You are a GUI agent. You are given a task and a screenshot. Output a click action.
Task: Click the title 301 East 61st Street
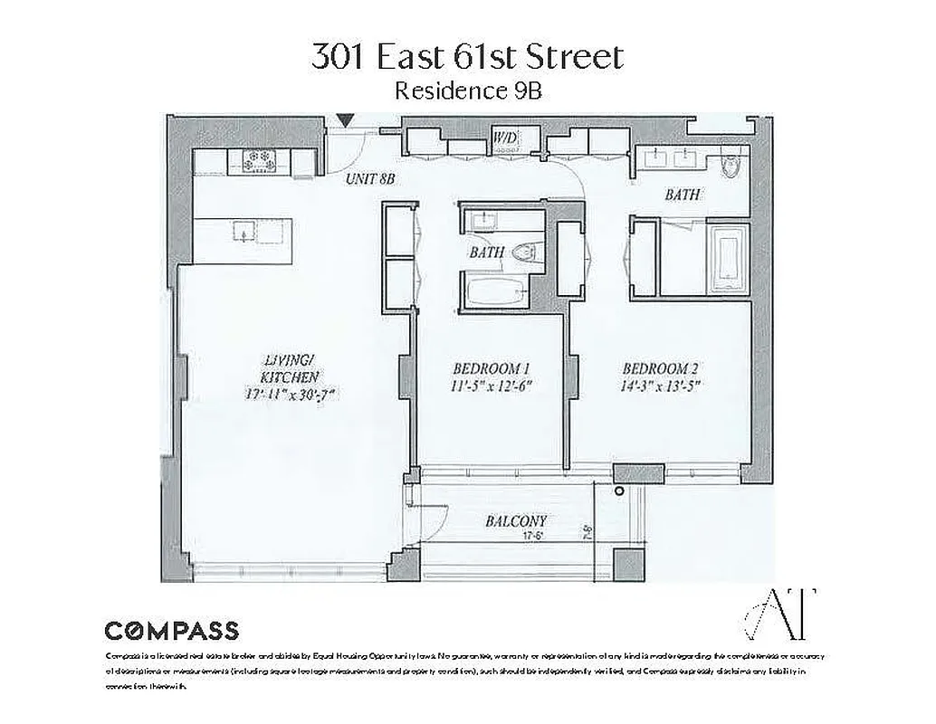(467, 58)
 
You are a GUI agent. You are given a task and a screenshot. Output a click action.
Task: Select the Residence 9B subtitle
(468, 91)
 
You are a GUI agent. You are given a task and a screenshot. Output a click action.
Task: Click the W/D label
(503, 137)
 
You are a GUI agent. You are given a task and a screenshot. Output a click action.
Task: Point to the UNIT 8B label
(371, 180)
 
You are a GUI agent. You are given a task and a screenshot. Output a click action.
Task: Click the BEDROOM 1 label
(491, 368)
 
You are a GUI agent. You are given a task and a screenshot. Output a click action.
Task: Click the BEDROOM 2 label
(661, 368)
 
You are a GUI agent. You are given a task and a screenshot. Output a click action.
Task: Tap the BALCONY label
(516, 521)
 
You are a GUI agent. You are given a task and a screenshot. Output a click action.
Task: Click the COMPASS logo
(172, 631)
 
